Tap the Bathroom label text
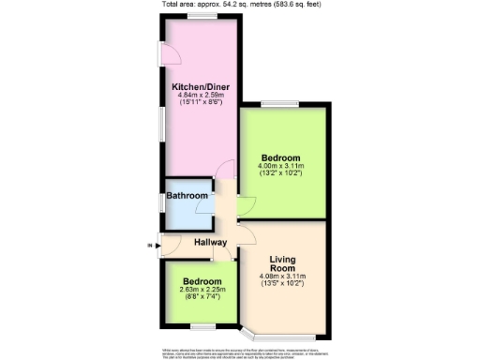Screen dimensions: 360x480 coord(187,196)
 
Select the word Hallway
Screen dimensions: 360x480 coord(211,243)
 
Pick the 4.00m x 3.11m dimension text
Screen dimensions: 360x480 coord(281,166)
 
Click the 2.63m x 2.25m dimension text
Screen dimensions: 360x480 coord(202,291)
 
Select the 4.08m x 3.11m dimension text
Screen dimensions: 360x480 coord(282,277)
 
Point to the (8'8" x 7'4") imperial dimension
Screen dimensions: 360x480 coord(202,299)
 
